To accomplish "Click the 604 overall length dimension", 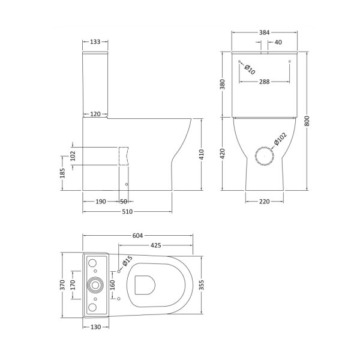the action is pos(137,236).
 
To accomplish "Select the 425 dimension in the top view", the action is pos(155,245).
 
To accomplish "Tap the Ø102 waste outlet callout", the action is pos(280,139).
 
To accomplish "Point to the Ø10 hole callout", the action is pos(250,70).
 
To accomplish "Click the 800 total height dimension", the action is pos(307,121).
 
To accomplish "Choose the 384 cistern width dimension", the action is pos(264,32).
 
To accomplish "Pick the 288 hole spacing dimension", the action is pos(264,82).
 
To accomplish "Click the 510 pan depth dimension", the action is pos(127,211).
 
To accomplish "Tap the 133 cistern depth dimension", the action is pos(95,42).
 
